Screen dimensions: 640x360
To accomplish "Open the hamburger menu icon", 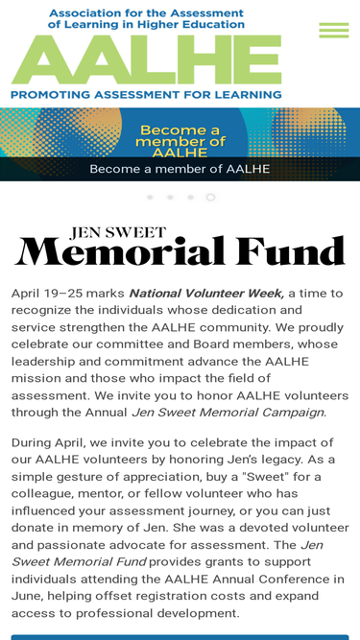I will tap(333, 31).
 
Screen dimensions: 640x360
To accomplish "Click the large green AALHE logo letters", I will tap(146, 59).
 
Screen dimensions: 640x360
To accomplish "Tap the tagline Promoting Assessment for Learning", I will tap(146, 94).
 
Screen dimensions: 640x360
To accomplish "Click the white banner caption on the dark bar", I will tap(180, 169).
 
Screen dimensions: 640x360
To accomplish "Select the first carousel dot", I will tap(150, 197).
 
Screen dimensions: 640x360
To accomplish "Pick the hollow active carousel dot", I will tap(210, 197).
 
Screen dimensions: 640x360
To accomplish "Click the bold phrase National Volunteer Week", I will tap(205, 293).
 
